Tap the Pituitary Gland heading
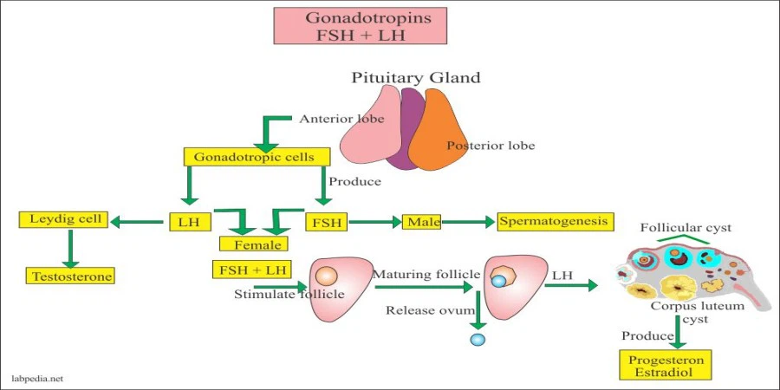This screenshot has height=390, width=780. (416, 78)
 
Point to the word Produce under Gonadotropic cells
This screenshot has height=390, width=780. (354, 182)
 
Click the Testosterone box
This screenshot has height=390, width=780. (69, 276)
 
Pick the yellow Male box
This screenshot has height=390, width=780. (422, 222)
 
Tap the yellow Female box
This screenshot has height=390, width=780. (252, 244)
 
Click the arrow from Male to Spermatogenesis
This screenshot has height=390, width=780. (468, 222)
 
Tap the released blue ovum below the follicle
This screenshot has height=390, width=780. (477, 339)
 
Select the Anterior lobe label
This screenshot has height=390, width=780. (341, 119)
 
